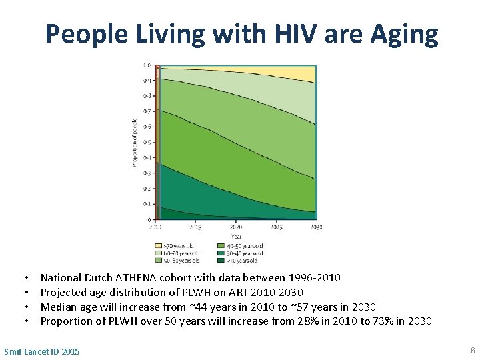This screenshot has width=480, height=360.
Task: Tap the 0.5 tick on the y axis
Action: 147,142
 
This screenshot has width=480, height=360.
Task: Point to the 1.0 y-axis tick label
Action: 147,65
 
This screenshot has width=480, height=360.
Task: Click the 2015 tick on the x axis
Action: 195,227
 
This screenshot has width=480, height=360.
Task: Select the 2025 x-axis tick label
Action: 276,227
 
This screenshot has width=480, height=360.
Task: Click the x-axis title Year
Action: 237,236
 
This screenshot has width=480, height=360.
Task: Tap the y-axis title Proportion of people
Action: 135,142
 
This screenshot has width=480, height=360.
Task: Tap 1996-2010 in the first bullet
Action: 314,277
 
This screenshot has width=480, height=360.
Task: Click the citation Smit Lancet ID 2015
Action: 41,351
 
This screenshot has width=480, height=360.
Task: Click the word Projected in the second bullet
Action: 63,292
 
